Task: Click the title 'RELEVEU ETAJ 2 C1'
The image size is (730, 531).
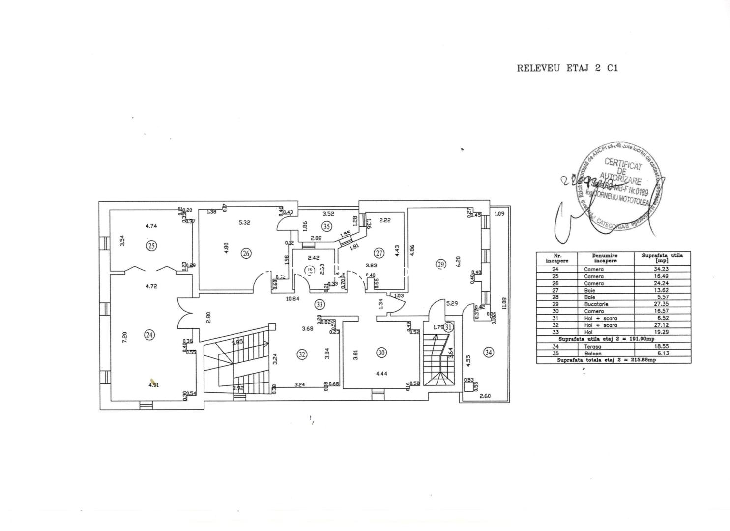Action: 567,68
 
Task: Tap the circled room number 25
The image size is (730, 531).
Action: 152,245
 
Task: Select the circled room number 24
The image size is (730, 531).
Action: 149,335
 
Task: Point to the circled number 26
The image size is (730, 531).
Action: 246,253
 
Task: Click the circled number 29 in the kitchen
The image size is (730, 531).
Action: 440,264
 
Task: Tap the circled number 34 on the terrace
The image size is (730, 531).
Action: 488,352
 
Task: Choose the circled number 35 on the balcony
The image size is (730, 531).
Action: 327,226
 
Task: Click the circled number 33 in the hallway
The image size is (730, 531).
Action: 320,304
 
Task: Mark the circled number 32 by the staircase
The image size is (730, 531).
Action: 302,354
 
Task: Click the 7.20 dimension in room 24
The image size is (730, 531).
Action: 125,338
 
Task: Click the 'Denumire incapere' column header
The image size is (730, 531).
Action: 605,258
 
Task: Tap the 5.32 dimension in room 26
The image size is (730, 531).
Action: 244,222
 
